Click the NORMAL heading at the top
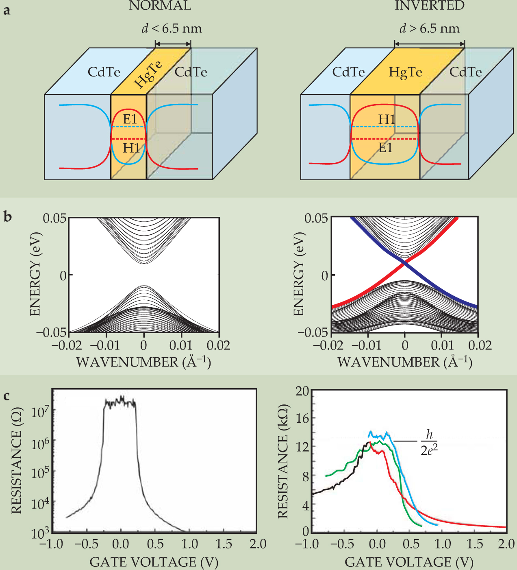(160, 6)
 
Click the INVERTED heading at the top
(429, 6)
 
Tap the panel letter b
(7, 216)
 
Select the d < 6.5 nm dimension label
(172, 28)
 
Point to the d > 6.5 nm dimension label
(429, 28)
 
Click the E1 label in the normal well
(130, 119)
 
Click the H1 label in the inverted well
(387, 119)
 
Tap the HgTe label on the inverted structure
(405, 72)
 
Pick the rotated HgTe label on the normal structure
(149, 74)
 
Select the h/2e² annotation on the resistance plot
(429, 442)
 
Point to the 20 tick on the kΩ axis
(302, 391)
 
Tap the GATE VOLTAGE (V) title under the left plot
(154, 562)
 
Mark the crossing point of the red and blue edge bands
(405, 263)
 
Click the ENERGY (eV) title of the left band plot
(35, 274)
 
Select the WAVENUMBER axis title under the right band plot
(405, 362)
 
